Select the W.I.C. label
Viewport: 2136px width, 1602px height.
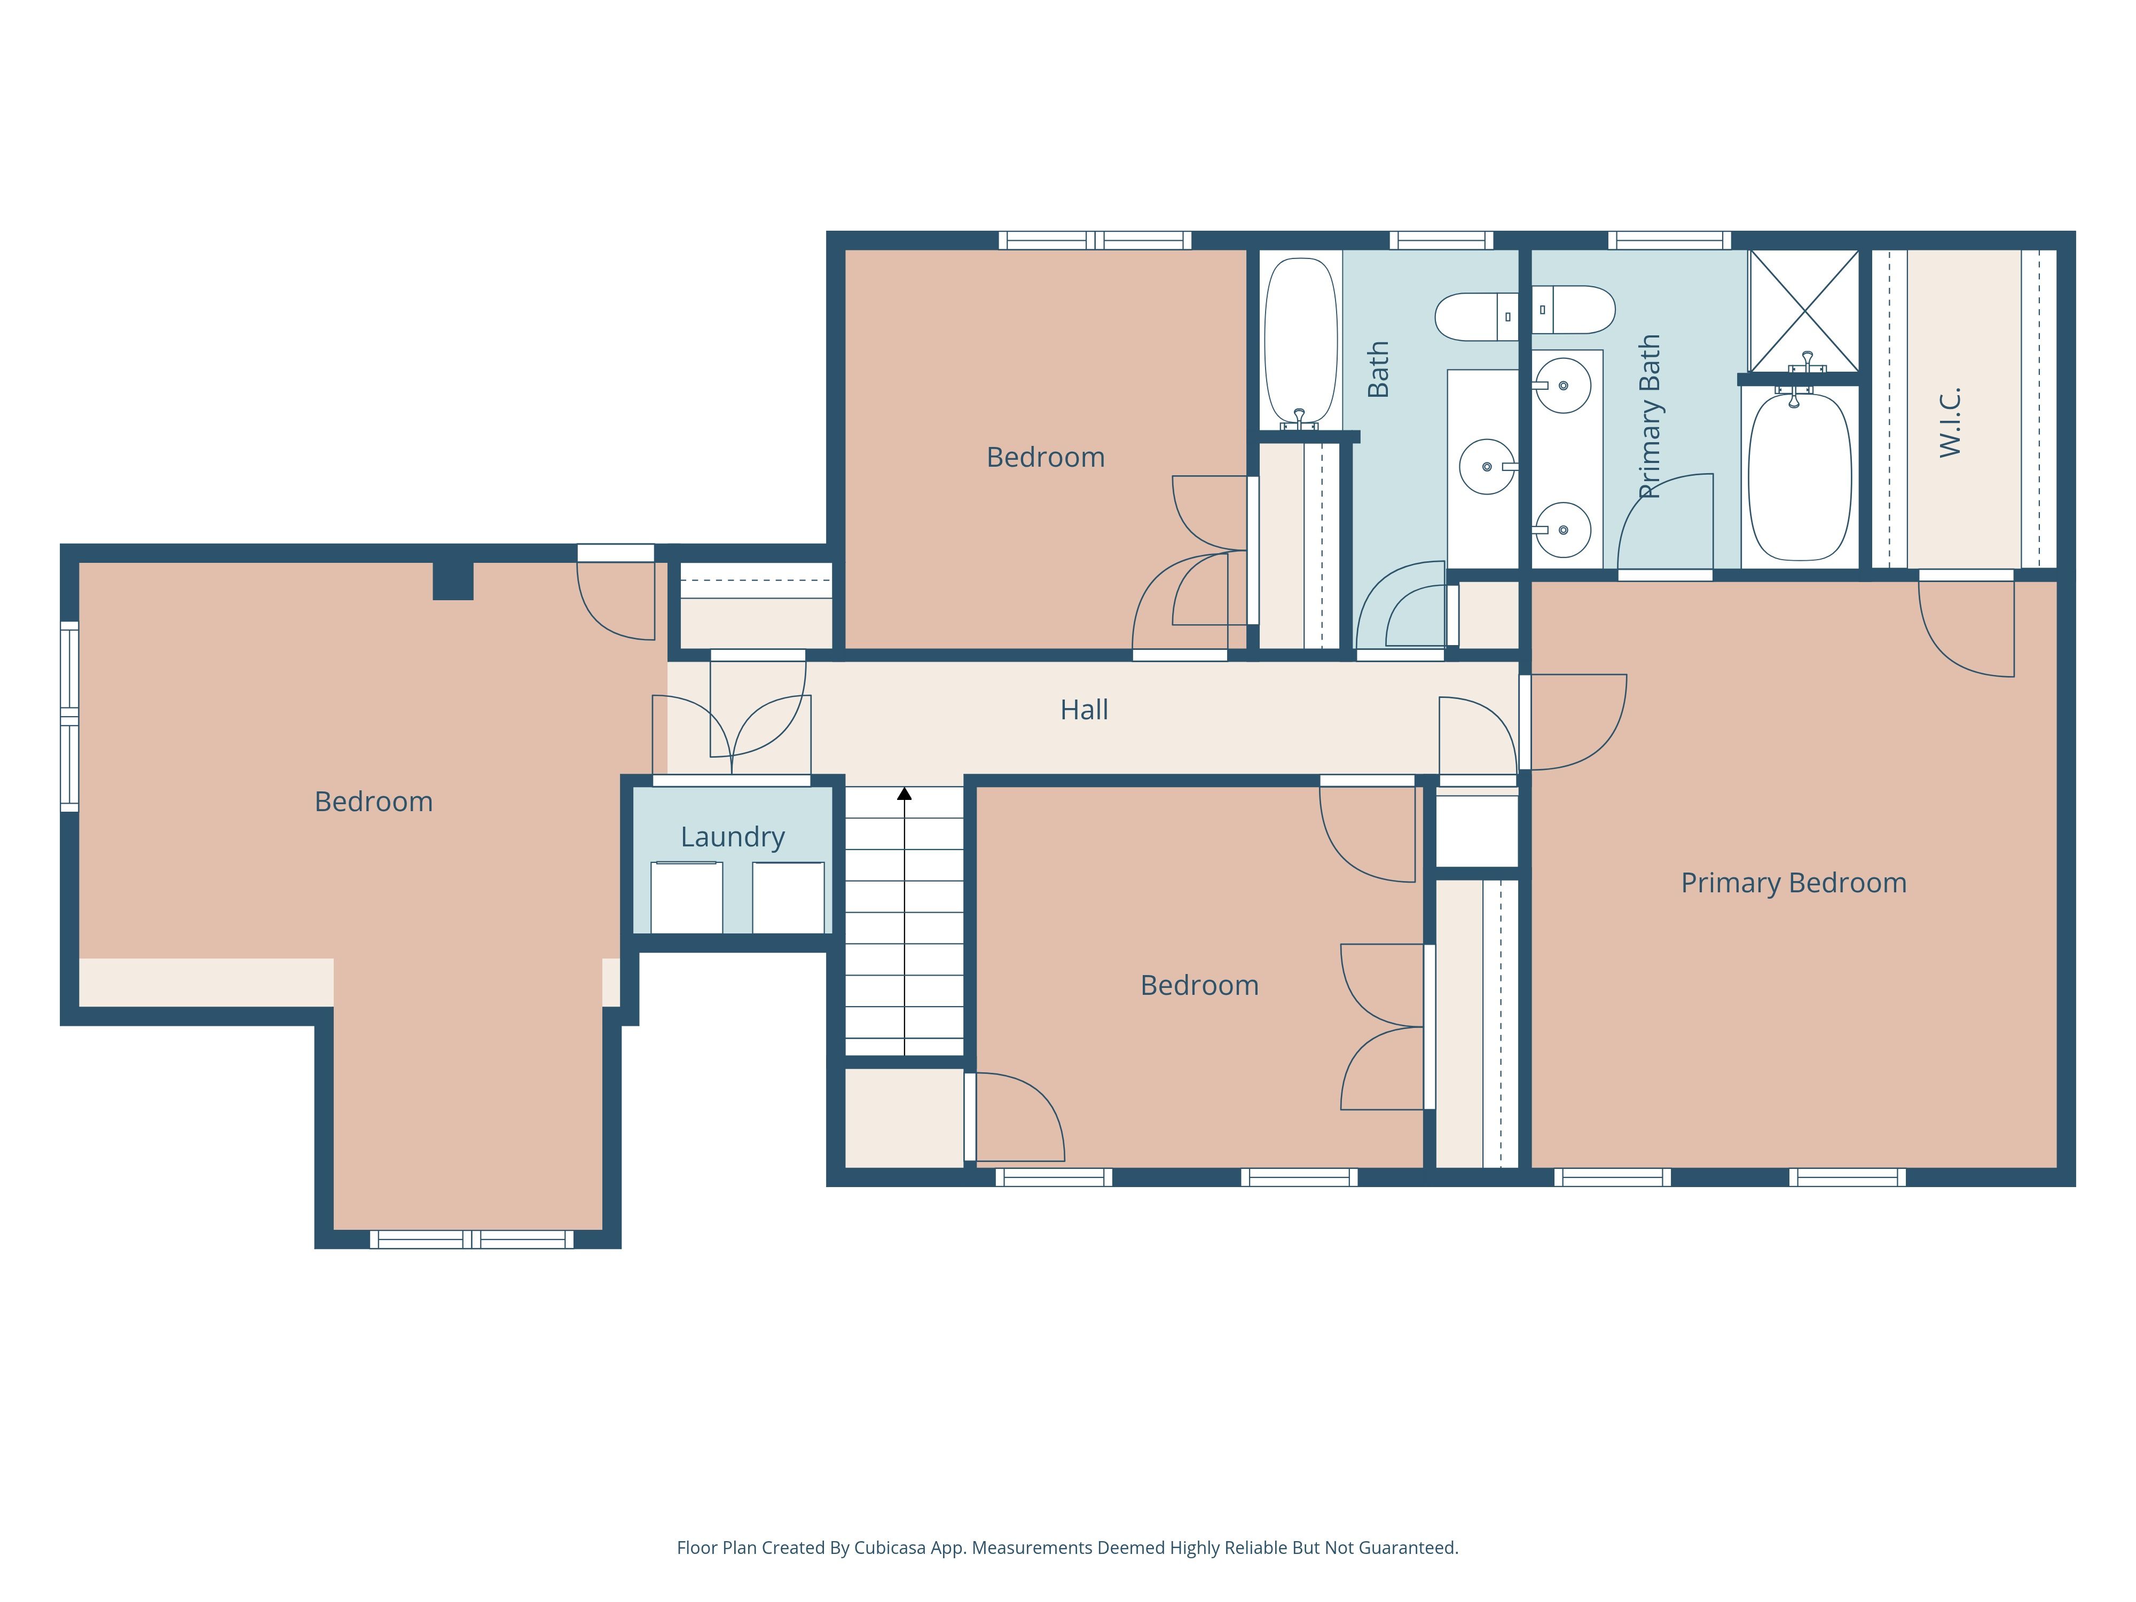click(x=1950, y=422)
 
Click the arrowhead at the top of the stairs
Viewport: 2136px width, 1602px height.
click(x=904, y=794)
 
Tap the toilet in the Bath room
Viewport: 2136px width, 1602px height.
click(x=1477, y=317)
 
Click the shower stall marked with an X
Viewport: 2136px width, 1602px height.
click(x=1804, y=311)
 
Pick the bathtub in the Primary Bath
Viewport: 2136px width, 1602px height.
click(x=1800, y=476)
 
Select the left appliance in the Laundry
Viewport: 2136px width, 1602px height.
click(x=687, y=897)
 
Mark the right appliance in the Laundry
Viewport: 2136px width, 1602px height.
click(x=788, y=897)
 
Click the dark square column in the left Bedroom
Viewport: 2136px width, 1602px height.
click(x=453, y=580)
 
